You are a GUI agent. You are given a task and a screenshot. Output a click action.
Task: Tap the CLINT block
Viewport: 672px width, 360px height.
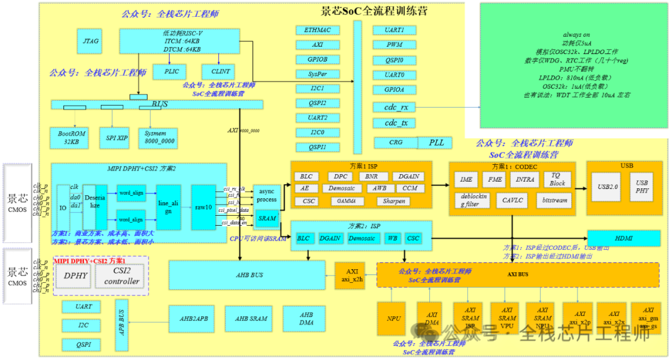point(221,72)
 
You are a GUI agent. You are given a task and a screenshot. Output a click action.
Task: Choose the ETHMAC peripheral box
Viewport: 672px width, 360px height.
point(317,30)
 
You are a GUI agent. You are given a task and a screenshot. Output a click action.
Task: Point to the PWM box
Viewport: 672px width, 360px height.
point(394,45)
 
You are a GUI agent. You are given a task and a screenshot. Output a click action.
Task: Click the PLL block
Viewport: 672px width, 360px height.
point(436,142)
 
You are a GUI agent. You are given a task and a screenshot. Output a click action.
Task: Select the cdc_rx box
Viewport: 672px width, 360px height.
point(395,107)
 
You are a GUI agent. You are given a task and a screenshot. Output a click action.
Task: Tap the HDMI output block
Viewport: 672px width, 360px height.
point(623,238)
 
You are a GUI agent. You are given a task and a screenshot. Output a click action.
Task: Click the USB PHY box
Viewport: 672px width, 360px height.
point(642,187)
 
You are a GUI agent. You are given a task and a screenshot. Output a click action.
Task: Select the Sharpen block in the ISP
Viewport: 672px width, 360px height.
point(394,201)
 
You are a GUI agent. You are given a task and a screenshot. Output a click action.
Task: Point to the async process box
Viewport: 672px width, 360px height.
point(267,195)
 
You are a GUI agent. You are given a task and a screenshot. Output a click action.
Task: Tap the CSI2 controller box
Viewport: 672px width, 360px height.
point(121,276)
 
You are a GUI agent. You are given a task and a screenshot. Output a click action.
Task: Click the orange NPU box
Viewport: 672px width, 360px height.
point(393,318)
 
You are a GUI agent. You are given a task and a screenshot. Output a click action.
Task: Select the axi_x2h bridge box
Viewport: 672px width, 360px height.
point(353,275)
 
